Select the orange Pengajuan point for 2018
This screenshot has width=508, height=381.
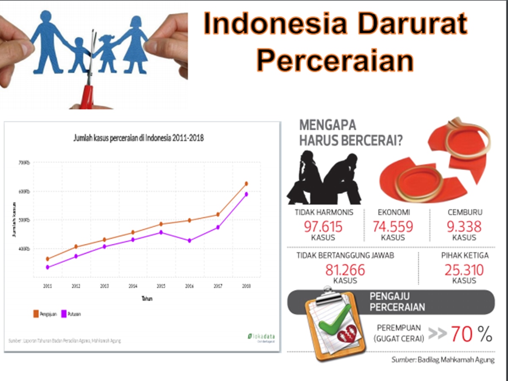coord(246,184)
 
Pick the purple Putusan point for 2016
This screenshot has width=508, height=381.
coord(189,240)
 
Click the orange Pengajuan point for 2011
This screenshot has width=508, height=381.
coord(47,259)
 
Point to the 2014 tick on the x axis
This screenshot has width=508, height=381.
coord(133,286)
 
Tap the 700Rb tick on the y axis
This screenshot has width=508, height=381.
coord(25,163)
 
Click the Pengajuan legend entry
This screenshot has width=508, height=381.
coord(45,314)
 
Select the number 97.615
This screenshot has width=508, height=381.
coord(323,226)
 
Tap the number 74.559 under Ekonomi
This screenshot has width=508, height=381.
coord(393,226)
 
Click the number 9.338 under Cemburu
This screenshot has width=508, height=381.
coord(464,226)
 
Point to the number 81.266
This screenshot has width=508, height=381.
coord(345,270)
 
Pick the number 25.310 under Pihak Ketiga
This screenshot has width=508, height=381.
coord(464,270)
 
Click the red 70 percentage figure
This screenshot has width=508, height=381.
coord(461,334)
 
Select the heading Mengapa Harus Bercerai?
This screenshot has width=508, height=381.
coord(351,133)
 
